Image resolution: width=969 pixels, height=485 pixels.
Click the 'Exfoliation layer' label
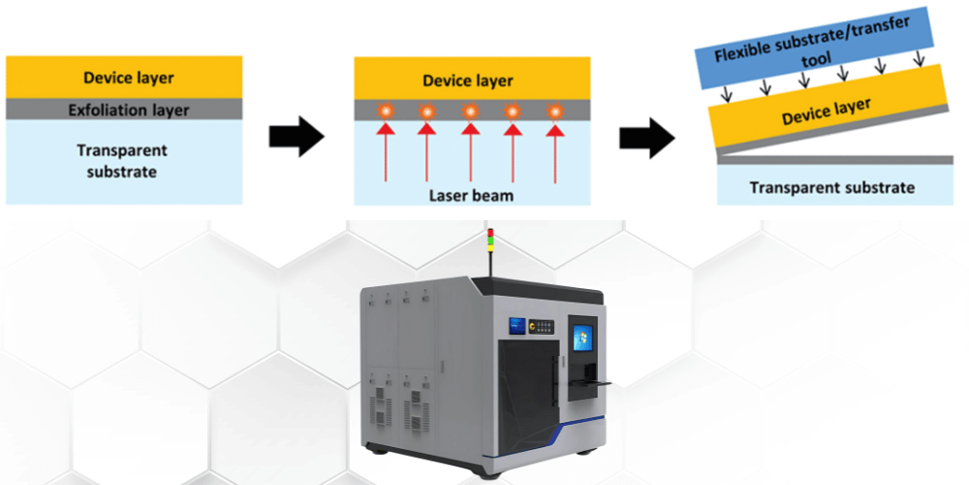128,111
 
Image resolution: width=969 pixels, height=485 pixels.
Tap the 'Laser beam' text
472,196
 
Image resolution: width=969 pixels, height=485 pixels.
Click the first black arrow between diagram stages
297,136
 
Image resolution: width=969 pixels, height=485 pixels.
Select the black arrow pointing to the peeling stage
647,137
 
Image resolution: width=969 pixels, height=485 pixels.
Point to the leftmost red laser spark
386,112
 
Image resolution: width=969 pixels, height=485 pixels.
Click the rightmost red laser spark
555,112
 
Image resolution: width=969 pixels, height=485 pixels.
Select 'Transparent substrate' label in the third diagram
831,187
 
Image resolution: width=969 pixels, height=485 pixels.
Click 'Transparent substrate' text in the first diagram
122,161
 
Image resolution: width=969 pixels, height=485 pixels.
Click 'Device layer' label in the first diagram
129,78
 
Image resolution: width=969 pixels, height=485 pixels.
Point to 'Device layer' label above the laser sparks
468,81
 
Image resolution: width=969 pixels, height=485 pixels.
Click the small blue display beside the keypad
516,326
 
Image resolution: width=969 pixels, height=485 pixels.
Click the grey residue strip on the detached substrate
835,160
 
